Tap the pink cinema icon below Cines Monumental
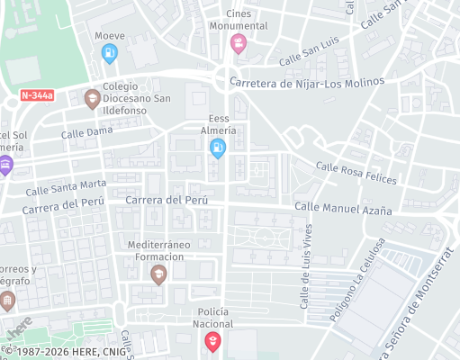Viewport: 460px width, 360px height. [238, 44]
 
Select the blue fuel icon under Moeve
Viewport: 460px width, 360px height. [109, 54]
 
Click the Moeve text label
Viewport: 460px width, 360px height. [109, 36]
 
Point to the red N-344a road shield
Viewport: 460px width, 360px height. [38, 94]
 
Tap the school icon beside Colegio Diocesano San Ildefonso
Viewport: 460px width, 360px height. [91, 97]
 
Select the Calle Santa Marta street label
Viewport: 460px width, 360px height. [66, 187]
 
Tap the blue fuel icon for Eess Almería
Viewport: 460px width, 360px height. [217, 148]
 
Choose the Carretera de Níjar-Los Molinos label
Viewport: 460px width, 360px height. [307, 82]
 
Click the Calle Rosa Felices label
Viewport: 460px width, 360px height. [356, 172]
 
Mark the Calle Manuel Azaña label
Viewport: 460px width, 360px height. [343, 209]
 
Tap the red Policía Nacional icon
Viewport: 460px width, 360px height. [212, 341]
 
